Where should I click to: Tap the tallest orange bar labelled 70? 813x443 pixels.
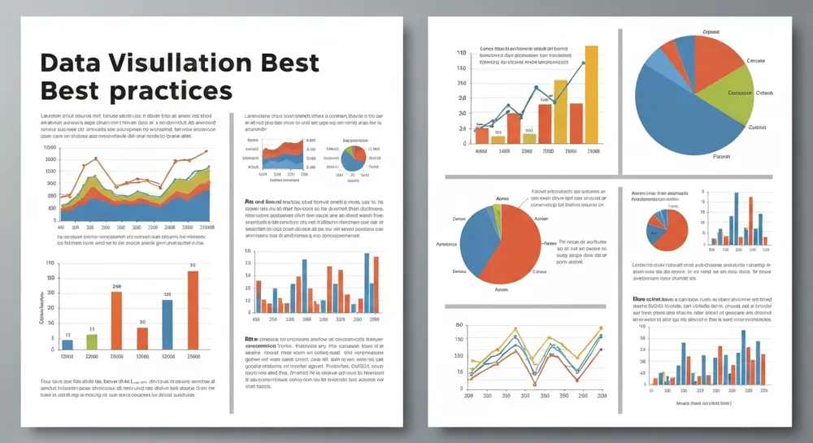coord(193,310)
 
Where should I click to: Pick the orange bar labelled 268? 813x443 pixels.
coord(116,320)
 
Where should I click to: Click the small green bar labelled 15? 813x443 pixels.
coord(92,341)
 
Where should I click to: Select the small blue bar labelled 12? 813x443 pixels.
coord(67,345)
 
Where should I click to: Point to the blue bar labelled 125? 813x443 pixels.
coord(167,324)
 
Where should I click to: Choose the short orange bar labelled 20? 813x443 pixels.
coord(142,338)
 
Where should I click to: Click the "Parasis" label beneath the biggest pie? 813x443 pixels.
coord(721,156)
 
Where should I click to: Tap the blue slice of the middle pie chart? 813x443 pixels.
coord(476,248)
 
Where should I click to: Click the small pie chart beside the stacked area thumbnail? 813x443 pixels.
coord(352,159)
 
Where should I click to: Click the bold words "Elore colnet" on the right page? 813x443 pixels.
coord(650,300)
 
